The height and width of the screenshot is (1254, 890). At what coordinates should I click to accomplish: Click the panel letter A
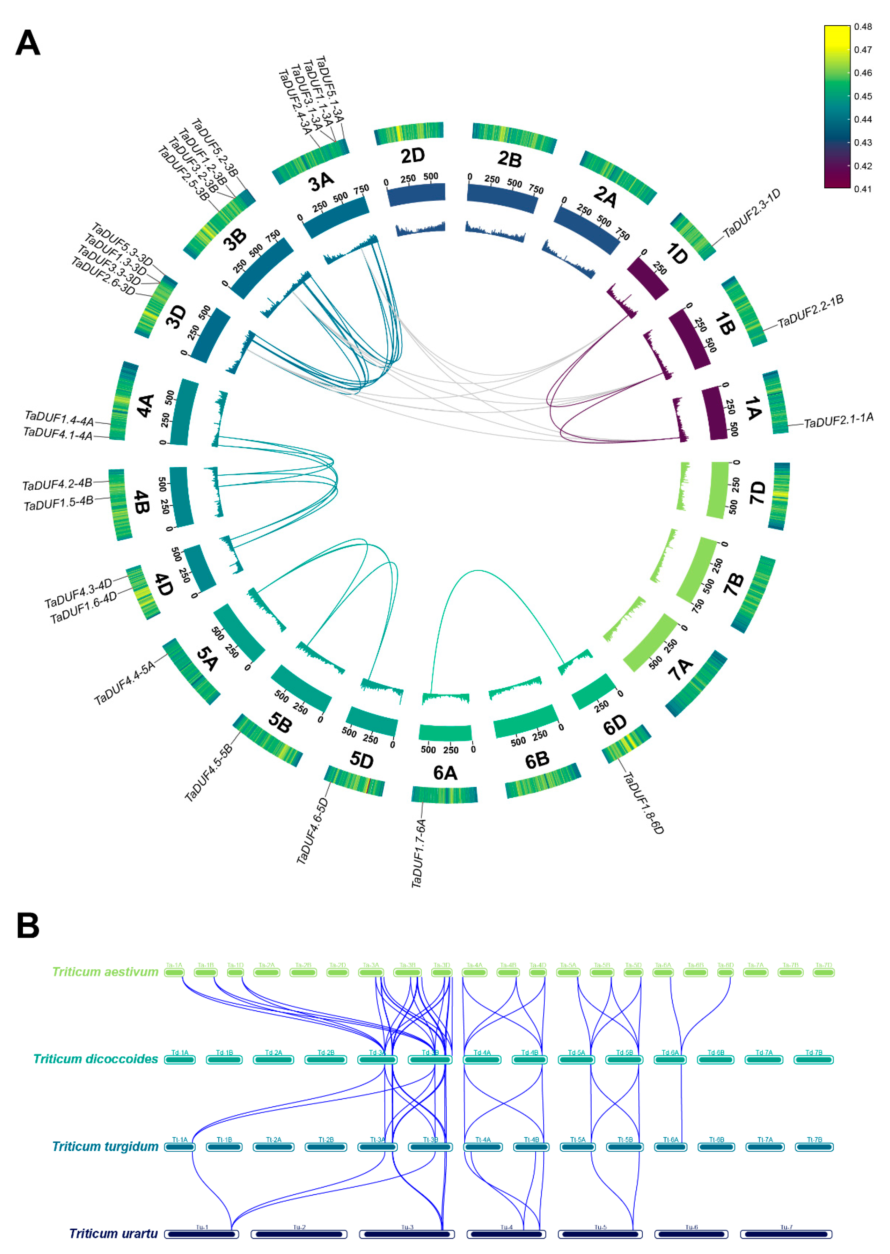pyautogui.click(x=27, y=43)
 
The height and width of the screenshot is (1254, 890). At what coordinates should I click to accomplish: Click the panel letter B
pyautogui.click(x=27, y=925)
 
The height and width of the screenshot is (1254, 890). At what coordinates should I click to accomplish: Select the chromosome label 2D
pyautogui.click(x=412, y=156)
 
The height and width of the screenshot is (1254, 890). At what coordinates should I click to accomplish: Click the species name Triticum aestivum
pyautogui.click(x=105, y=971)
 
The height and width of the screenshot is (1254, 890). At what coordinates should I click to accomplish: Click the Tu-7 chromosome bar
pyautogui.click(x=786, y=1234)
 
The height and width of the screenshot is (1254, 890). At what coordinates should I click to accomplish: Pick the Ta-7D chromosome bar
pyautogui.click(x=823, y=972)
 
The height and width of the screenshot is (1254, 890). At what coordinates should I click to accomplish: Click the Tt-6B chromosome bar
pyautogui.click(x=716, y=1147)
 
